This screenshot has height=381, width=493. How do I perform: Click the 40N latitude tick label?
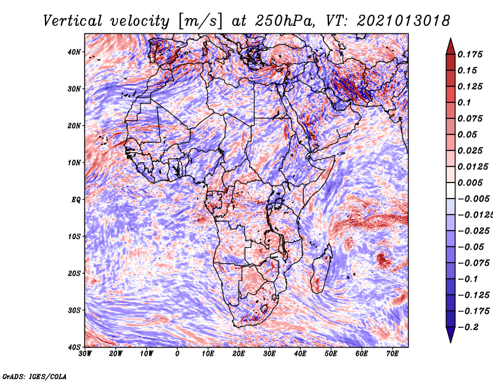click(74, 52)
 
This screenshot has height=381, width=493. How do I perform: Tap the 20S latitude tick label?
click(74, 273)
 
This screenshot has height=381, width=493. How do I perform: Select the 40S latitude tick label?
click(74, 346)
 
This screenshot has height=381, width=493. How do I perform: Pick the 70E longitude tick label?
click(393, 353)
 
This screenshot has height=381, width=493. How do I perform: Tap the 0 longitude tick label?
click(177, 353)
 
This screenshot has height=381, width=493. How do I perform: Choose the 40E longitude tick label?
click(300, 353)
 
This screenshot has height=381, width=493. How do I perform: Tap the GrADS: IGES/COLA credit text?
click(35, 375)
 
